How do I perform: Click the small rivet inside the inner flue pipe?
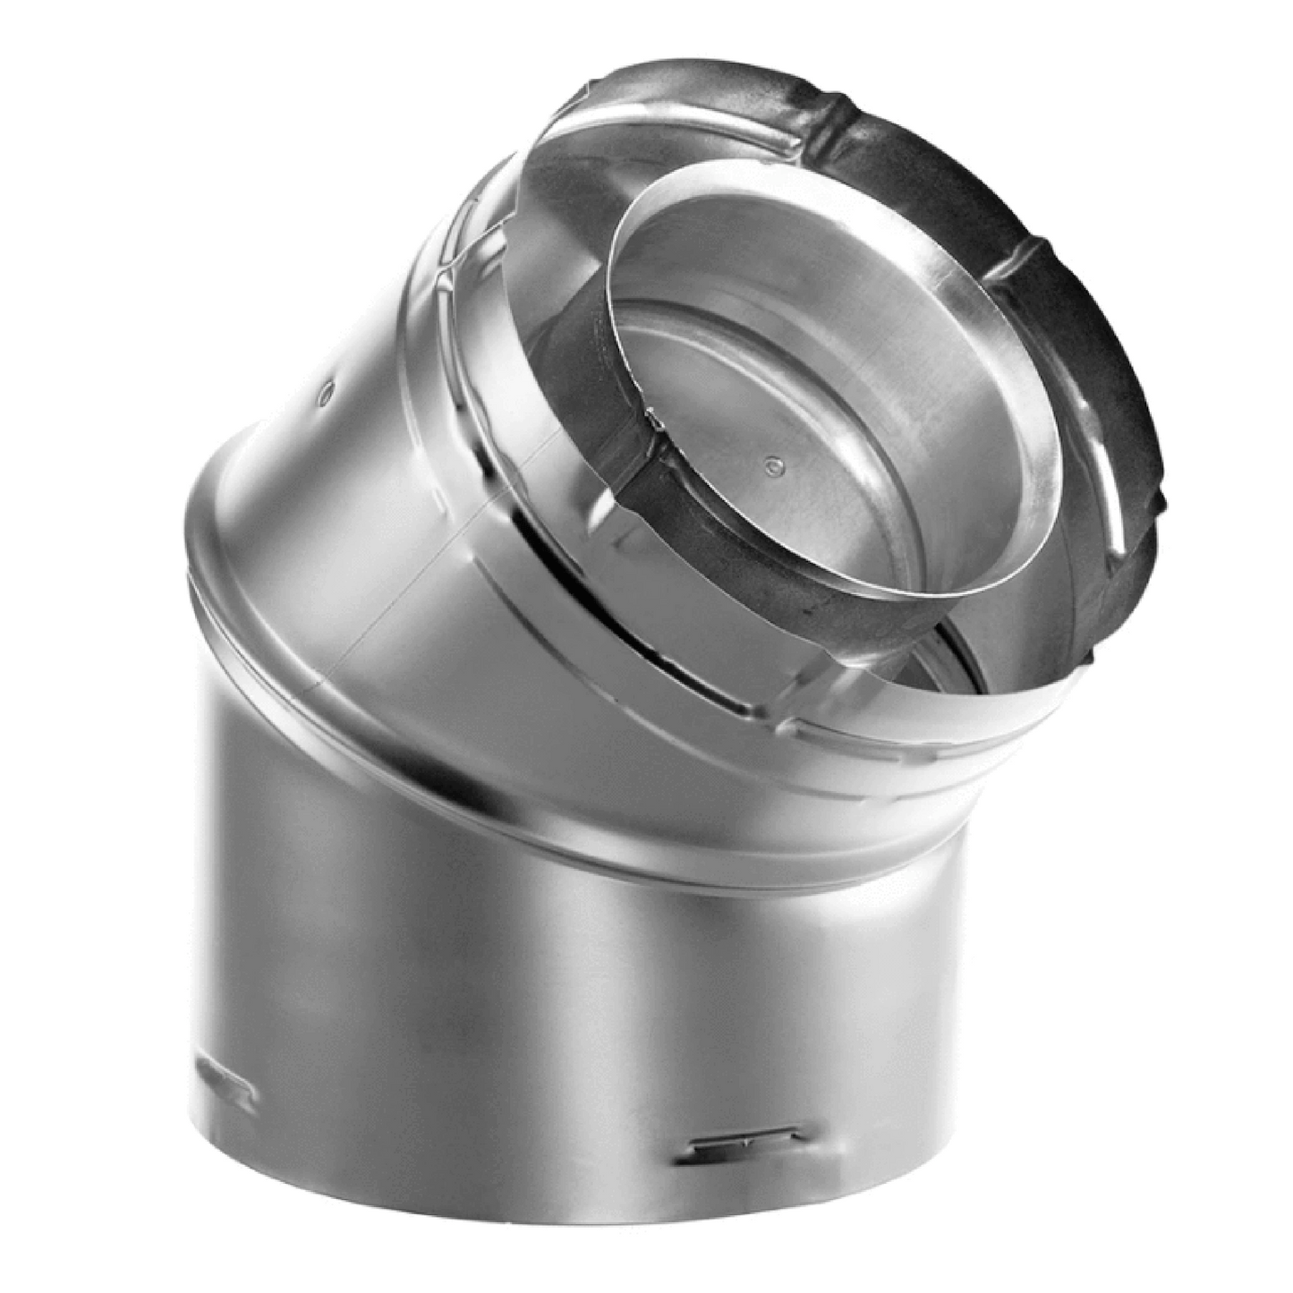tap(772, 464)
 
